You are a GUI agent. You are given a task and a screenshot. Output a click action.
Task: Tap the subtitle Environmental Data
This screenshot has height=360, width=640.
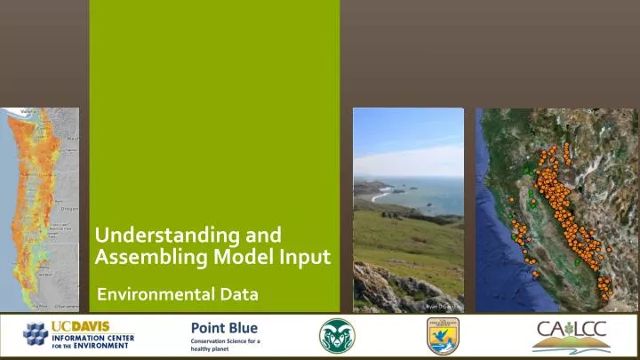177,293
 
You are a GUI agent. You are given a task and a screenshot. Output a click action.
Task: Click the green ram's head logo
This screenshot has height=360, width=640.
336,335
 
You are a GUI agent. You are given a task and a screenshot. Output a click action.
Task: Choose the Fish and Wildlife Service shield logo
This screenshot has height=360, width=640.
442,336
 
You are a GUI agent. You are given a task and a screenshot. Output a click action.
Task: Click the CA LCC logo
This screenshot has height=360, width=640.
569,335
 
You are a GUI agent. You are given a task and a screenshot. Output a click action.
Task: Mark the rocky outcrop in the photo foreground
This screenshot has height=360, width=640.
382,289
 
